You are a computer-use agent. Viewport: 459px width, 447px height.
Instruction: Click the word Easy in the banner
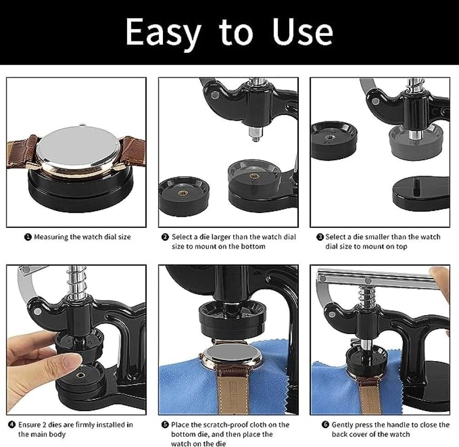[x=163, y=32]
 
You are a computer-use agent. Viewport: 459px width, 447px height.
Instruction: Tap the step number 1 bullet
[x=28, y=237]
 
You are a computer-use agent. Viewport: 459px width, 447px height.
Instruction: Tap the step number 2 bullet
[x=165, y=237]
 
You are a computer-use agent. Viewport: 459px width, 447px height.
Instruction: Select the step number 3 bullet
[x=320, y=237]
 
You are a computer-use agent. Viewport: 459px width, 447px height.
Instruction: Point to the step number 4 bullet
[x=12, y=424]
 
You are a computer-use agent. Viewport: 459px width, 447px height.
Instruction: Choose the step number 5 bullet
[x=165, y=424]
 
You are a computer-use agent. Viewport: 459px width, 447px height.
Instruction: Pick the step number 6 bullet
[x=325, y=424]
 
